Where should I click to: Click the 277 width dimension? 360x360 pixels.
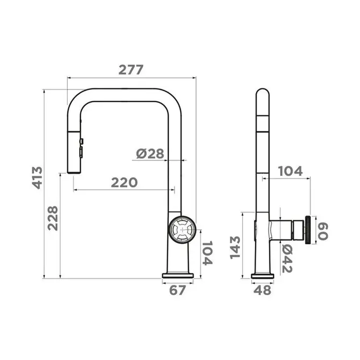click(x=131, y=70)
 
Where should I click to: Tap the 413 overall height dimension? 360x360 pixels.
click(x=37, y=178)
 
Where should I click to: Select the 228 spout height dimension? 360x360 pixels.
click(x=52, y=218)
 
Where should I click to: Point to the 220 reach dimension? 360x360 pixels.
click(x=124, y=183)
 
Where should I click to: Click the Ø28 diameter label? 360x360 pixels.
click(x=150, y=154)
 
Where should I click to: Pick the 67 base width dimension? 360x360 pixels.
click(x=177, y=290)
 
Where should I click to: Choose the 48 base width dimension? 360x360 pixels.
click(x=262, y=290)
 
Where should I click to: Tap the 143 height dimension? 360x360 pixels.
click(x=235, y=247)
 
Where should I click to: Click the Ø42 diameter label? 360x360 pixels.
click(x=287, y=258)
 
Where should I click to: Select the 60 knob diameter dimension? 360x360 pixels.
click(x=322, y=231)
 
